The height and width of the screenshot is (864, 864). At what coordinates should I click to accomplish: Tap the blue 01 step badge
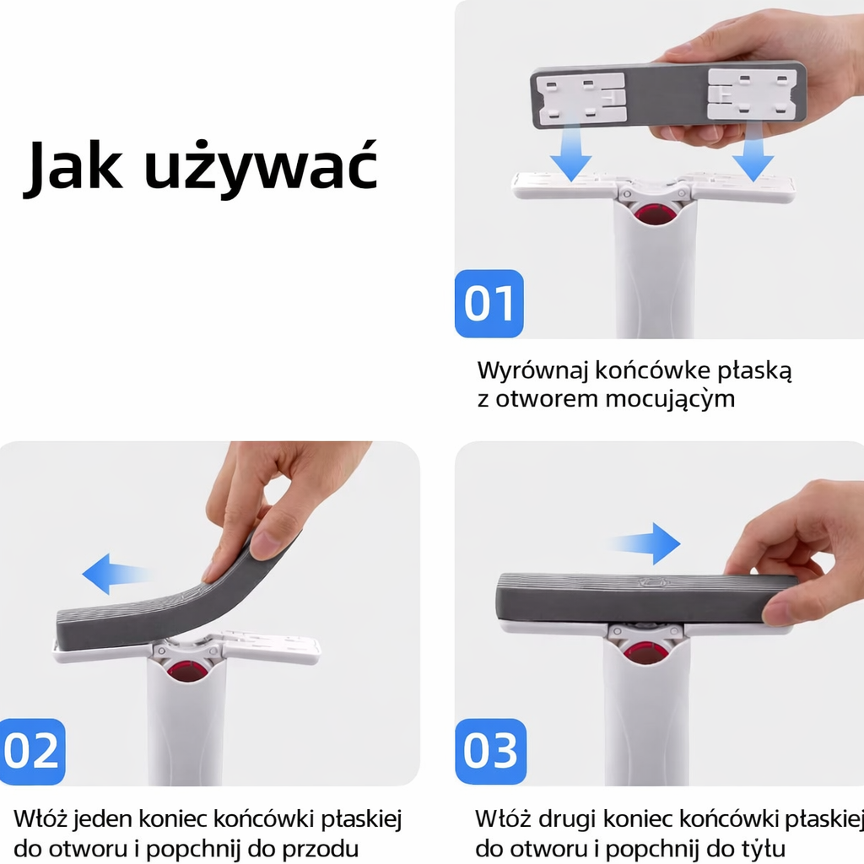click(489, 303)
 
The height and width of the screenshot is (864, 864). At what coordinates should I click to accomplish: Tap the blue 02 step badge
click(32, 752)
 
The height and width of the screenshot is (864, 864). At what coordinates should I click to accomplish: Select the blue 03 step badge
click(490, 752)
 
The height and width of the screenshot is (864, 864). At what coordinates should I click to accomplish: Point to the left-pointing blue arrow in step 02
click(116, 574)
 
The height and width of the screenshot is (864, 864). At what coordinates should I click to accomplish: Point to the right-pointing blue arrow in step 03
click(645, 544)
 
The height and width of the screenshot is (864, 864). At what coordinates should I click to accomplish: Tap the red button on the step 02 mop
click(186, 672)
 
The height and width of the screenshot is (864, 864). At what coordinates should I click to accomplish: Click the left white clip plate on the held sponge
click(580, 98)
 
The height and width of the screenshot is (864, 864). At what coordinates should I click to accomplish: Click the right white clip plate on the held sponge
click(752, 94)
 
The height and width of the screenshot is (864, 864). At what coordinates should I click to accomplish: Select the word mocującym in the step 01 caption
click(670, 399)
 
